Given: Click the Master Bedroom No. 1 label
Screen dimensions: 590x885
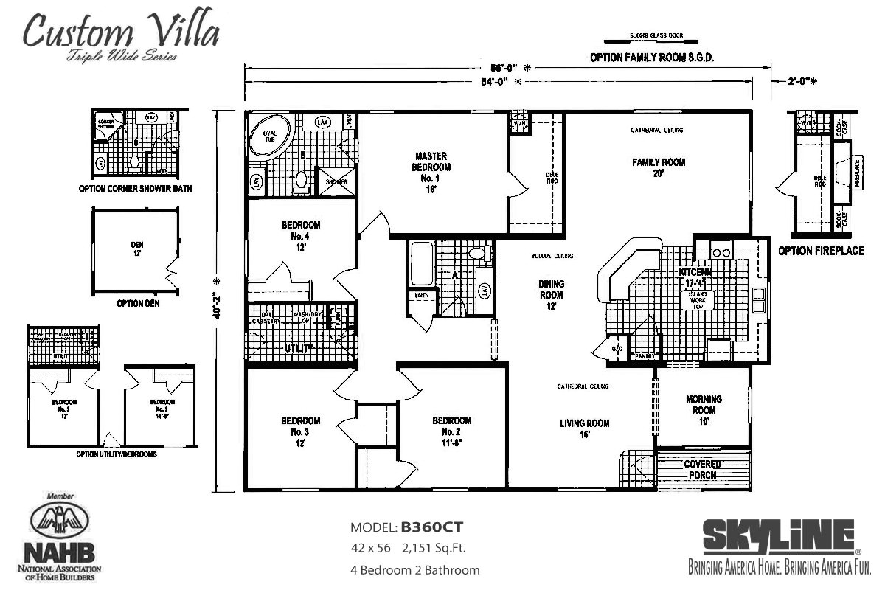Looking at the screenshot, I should coord(432,167).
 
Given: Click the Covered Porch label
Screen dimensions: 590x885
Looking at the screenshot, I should coord(702,470).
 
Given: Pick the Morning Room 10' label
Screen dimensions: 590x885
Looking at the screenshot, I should coord(703,410).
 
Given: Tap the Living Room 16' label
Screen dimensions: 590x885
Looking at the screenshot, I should coord(584,428).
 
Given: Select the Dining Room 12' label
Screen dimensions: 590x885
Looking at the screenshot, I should coord(551,294).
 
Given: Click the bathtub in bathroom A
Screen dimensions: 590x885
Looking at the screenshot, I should coord(421,263).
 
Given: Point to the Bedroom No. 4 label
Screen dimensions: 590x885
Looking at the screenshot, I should coord(300,235).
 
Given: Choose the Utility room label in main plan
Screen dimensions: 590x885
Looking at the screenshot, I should coord(294,348).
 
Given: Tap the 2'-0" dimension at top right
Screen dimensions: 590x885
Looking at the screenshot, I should coord(802,82).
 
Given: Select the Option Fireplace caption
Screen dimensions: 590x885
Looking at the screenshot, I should coord(821,251).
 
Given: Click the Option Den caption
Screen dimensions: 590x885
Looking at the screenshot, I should coord(136,303).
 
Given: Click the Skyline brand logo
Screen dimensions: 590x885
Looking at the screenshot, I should coord(779,537).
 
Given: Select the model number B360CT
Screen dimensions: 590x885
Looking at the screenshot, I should coord(431,527).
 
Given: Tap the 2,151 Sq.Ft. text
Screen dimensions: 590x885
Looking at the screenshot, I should coord(434,548).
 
